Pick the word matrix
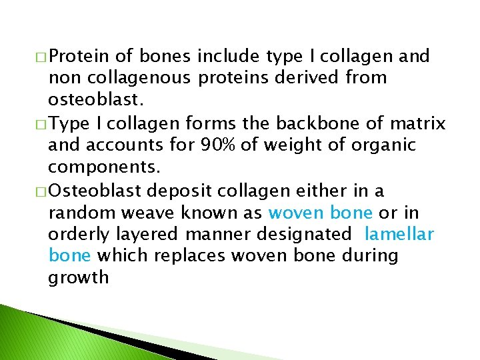tap(417, 123)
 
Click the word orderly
tap(73, 234)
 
